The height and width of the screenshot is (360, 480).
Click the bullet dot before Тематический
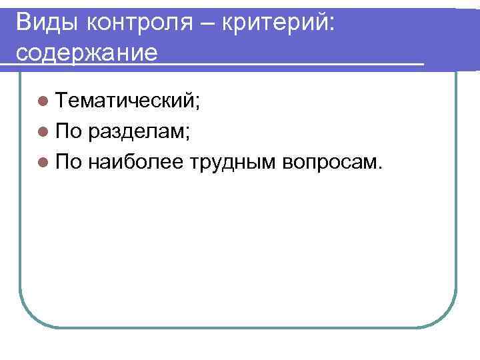43,101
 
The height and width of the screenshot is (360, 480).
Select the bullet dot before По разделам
43,131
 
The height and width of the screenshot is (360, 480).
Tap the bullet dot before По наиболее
43,161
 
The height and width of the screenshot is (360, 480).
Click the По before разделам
68,131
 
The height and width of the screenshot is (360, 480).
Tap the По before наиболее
68,161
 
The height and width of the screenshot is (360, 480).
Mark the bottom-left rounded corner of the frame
30,316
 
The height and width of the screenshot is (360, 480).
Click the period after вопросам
380,167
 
